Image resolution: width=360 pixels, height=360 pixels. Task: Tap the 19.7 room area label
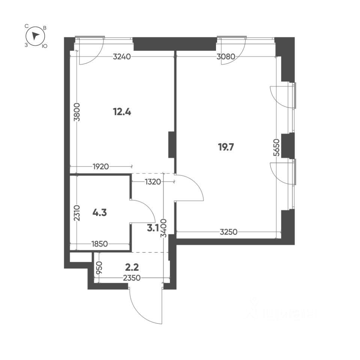tap(226, 147)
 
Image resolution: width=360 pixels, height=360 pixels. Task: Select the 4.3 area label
tap(100, 213)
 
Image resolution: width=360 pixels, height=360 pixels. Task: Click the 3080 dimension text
tap(226, 57)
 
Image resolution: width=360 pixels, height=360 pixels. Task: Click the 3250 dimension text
tap(228, 232)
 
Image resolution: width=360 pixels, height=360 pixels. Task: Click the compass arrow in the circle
tap(35, 36)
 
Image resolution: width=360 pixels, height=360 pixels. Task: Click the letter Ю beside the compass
tap(44, 46)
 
